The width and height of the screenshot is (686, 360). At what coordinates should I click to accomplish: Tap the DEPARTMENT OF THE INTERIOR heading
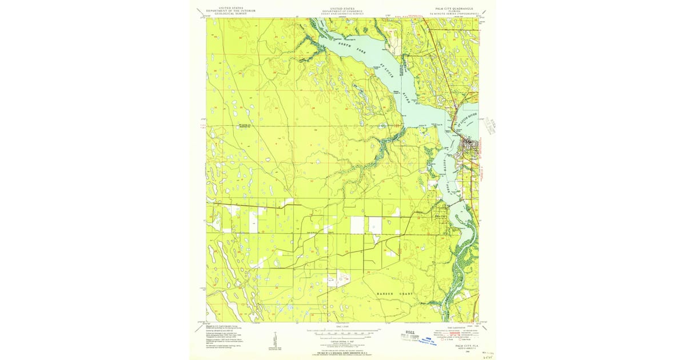coord(232,11)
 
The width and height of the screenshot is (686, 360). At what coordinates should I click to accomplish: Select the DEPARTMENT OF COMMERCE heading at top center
coord(342,11)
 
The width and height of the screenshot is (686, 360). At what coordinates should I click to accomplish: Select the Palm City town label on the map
coord(441,216)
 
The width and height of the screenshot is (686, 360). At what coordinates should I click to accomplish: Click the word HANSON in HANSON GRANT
coord(386,293)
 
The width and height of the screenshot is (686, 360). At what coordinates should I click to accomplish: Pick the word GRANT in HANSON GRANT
coord(407,293)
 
